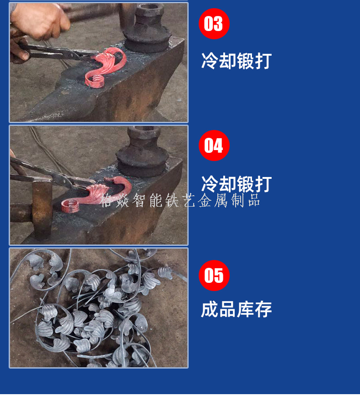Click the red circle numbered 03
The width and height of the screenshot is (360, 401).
[x=214, y=24]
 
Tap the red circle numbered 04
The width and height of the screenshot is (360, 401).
[x=214, y=146]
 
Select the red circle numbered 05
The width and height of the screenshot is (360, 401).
[x=214, y=276]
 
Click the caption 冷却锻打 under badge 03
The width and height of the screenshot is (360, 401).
[x=237, y=61]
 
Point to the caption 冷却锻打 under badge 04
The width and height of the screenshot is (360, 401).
[x=237, y=184]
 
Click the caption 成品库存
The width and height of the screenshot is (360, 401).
[x=237, y=309]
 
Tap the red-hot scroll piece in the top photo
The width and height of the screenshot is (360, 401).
[x=105, y=67]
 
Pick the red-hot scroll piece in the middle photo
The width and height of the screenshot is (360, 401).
[x=96, y=194]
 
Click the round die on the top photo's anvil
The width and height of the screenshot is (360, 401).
[x=147, y=28]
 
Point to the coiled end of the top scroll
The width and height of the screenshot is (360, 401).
[x=94, y=81]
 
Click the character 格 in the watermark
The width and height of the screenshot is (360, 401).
[x=107, y=200]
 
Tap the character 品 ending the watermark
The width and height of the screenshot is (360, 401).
[x=254, y=200]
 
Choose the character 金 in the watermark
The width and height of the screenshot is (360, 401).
[x=205, y=200]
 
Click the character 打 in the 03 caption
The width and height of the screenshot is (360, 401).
[x=263, y=61]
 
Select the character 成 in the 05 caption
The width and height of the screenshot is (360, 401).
[x=210, y=309]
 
